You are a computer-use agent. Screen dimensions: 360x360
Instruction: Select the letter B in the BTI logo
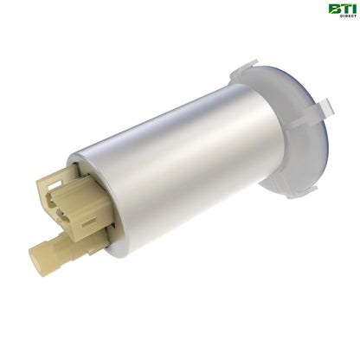coord(332,9)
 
